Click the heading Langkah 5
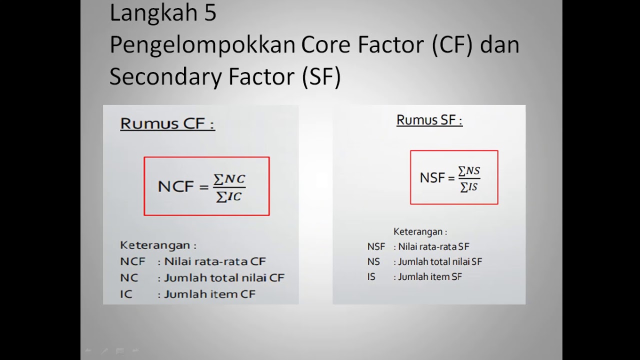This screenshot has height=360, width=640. pos(162,13)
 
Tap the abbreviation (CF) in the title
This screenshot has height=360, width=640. pos(449,45)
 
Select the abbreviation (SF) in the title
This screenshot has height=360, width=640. pos(321,77)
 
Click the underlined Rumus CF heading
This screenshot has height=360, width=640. pos(167,123)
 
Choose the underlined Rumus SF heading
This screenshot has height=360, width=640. pos(429,120)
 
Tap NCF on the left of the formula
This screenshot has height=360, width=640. pos(175,187)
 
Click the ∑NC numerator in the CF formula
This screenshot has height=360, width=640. pos(229,179)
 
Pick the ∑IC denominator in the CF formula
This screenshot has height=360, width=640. pos(229,196)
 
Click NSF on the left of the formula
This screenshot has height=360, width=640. pos(432,178)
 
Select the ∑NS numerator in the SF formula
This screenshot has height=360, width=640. pos(469,171)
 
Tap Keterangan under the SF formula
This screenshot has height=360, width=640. pos(420,231)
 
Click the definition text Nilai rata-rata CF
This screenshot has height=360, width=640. pos(215,261)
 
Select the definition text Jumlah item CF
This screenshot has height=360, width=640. pos(209,294)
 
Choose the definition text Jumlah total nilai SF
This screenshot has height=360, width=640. pos(440,261)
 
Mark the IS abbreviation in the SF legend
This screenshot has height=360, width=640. pos(371,276)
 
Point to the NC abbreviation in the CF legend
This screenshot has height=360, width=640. pos(128,277)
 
